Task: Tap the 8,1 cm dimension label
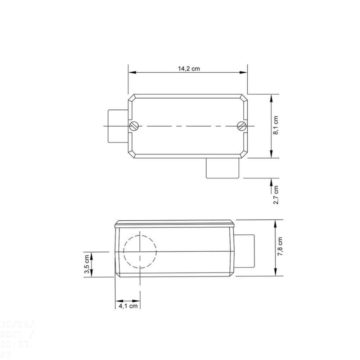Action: point(276,125)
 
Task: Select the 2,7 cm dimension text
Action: point(276,195)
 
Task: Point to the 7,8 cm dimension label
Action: point(280,247)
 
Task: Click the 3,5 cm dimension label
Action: point(86,265)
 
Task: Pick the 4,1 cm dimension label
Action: point(128,306)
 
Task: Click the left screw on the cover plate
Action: point(133,126)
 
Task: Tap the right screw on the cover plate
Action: point(242,126)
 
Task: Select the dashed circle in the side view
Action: point(140,252)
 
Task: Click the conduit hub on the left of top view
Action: point(118,126)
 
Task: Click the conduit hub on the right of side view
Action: point(245,251)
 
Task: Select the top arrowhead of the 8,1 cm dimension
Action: point(271,98)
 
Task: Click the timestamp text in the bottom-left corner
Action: point(17,338)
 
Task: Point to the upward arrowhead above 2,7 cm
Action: point(271,181)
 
